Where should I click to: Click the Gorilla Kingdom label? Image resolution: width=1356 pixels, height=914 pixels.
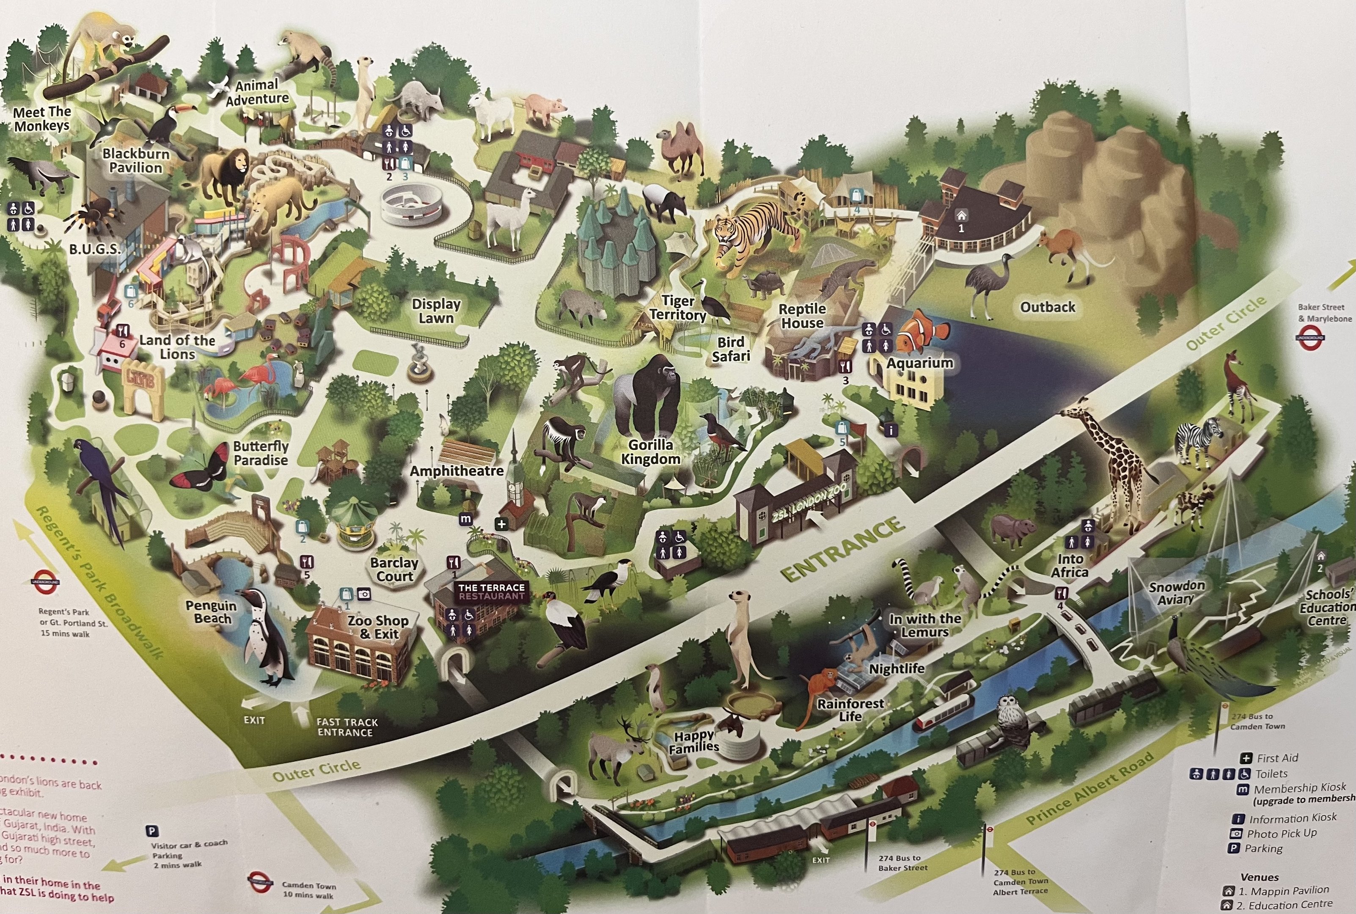[650, 452]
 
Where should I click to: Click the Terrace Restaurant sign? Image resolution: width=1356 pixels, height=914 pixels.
[491, 591]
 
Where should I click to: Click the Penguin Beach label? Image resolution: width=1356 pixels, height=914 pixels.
[211, 611]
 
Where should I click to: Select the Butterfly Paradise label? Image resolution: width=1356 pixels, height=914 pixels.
[261, 453]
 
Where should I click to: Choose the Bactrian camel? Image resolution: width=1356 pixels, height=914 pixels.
[679, 149]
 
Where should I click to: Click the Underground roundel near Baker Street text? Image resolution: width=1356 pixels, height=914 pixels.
[1309, 338]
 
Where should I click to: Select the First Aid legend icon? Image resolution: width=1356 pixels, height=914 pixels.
[1246, 758]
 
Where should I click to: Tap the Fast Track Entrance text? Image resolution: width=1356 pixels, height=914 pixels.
[347, 727]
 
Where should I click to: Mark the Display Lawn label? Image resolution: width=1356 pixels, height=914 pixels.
[436, 311]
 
